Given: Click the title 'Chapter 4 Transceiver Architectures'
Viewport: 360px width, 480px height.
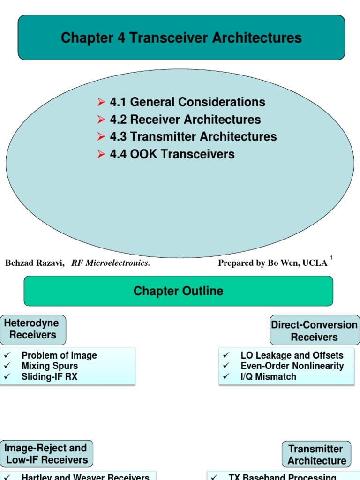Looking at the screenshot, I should point(181,38).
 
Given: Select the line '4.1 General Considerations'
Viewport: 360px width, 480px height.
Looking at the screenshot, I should point(187,102).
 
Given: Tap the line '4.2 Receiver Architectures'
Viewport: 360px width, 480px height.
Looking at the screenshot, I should point(185,120).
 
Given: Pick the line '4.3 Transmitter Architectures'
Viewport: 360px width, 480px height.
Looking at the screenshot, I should point(193,137).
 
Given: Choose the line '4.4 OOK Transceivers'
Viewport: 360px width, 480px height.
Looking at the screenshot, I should point(172,154).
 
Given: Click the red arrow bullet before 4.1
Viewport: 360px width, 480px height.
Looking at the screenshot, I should point(101,102).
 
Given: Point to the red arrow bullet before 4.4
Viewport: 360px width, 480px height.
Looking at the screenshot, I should point(101,154).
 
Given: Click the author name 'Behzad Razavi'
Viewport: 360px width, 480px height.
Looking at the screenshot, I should point(35,263).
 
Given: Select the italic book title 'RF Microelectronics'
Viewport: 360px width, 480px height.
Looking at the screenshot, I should point(111,263).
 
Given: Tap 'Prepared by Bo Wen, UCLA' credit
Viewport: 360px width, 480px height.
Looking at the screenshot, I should point(272,263).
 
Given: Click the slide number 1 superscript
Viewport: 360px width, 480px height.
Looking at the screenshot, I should point(331,258).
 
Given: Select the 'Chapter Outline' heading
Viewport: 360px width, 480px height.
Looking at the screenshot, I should point(178,291).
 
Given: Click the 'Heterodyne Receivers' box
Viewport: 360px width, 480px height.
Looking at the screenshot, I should point(33,329).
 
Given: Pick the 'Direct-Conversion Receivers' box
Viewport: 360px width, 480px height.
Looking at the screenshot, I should point(314,330).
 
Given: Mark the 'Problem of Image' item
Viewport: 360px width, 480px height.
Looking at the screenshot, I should point(59,355).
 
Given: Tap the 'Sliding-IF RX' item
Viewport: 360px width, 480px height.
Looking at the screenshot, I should point(49,376).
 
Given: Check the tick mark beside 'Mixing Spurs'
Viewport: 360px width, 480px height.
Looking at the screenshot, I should point(7,366).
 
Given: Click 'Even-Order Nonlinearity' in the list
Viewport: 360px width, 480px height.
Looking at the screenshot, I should point(292,366).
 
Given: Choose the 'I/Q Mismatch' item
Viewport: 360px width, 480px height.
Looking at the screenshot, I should point(268,376).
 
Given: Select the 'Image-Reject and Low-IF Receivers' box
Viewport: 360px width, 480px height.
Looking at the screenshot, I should point(46,454).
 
